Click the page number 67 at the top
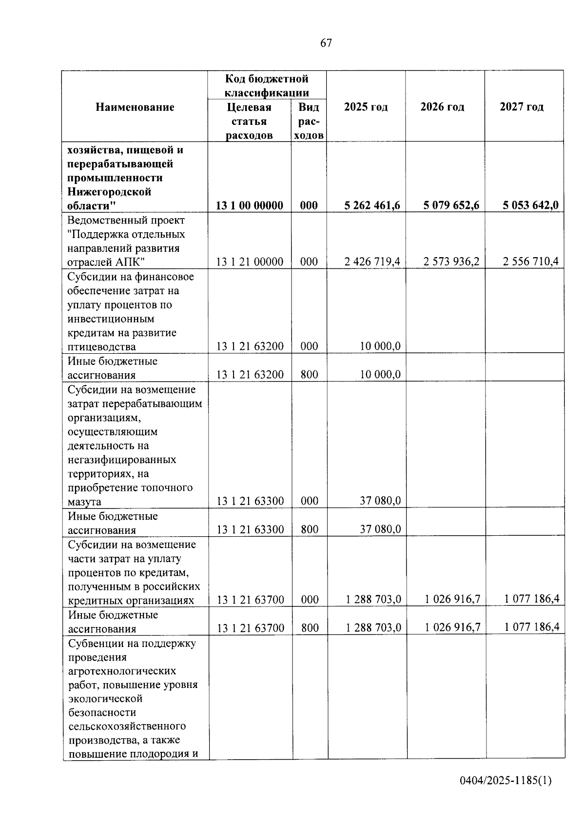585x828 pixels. tap(326, 43)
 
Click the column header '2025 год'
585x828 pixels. tap(366, 107)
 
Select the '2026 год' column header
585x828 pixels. tap(442, 107)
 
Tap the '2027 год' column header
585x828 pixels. tap(522, 107)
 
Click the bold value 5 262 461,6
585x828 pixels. tap(372, 205)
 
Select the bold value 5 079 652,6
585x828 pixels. tap(451, 205)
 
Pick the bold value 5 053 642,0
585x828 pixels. tap(530, 205)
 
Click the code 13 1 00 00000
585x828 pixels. tap(250, 205)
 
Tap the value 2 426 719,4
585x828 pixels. tap(372, 262)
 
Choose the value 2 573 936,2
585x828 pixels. tap(451, 262)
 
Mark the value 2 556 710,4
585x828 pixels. tap(530, 262)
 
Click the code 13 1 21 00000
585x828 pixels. tap(250, 262)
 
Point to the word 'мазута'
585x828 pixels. tap(85, 502)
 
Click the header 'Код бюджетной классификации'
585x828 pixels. tap(267, 85)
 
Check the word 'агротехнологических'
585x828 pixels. tap(122, 671)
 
